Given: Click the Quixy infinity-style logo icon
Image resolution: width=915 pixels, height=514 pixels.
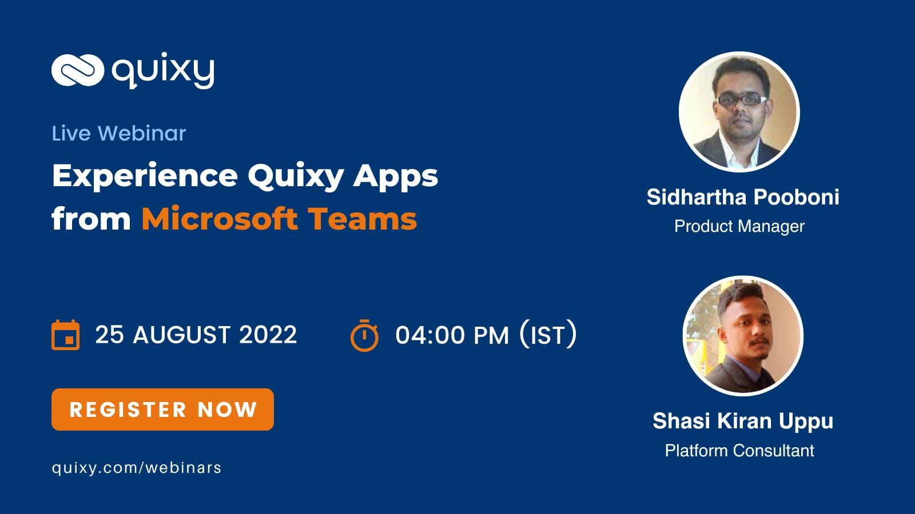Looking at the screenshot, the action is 78,70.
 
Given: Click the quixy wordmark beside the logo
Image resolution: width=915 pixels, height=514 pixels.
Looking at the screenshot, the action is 163,70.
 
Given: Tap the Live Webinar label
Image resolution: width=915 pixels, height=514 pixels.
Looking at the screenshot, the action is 119,134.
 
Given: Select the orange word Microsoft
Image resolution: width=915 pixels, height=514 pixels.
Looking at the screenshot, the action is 220,219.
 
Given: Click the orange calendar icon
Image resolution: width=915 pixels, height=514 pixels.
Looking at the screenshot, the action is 65,335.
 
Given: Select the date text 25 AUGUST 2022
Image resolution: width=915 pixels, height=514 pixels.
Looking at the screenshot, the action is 196,335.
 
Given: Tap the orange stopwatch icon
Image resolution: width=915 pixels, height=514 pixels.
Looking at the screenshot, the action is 364,335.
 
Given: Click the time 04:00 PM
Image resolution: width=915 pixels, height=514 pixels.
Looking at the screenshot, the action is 452,335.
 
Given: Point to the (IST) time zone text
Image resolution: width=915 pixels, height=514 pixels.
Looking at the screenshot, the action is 548,335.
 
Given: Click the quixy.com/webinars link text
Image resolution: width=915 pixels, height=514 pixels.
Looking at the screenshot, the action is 137,468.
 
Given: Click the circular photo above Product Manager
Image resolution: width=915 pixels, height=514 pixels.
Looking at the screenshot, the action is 739,112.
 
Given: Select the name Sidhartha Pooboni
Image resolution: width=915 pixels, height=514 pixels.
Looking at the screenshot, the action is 743,197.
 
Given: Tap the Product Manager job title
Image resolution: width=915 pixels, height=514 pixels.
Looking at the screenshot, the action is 739,226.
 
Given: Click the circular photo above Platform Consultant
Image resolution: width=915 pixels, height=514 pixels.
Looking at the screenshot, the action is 743,336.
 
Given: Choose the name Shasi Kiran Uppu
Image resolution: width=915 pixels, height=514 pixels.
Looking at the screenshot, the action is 743,421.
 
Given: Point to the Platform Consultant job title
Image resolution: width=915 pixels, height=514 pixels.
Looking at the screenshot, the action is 739,451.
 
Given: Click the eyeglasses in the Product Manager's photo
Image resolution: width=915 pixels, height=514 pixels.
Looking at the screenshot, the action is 741,100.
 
